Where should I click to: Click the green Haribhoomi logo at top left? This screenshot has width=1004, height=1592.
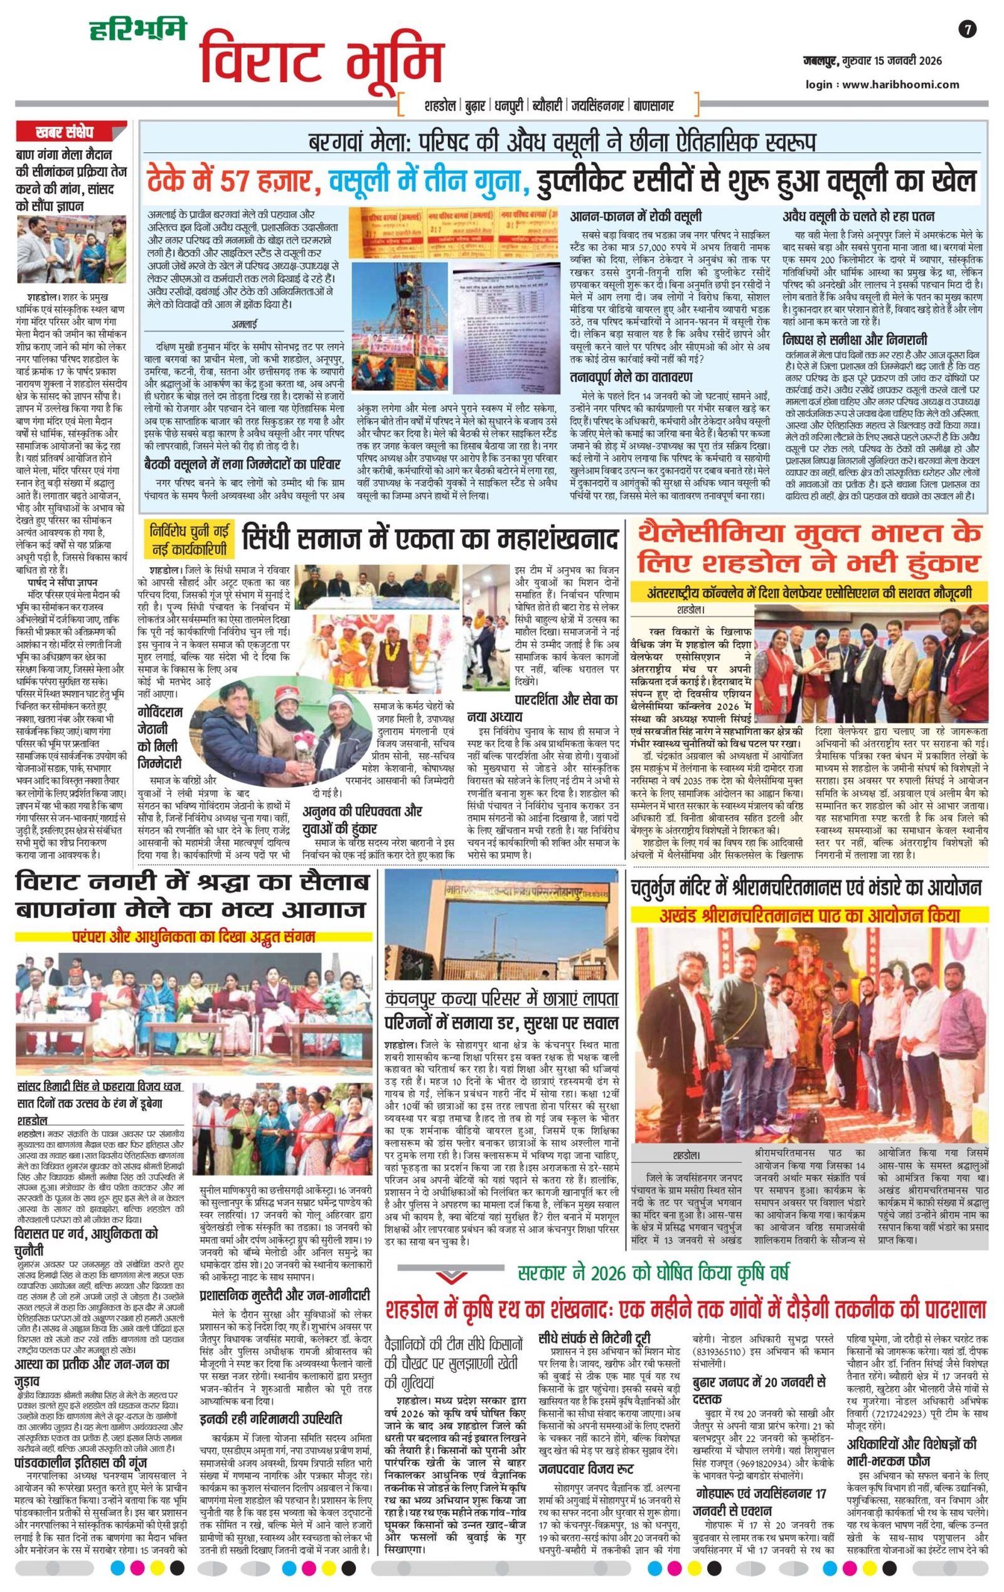(137, 29)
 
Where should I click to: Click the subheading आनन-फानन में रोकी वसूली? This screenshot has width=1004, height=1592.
(636, 216)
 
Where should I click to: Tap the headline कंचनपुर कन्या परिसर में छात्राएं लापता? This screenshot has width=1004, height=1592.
(502, 999)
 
